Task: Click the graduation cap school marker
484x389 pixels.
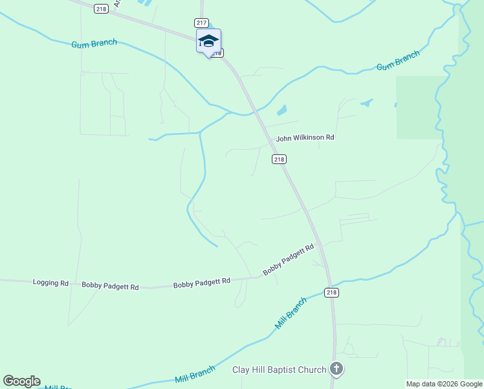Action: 208,41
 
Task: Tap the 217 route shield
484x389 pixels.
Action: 201,23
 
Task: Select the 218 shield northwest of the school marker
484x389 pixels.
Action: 101,8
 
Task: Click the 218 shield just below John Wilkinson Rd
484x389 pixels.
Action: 279,159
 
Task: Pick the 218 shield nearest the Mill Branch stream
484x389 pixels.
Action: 331,293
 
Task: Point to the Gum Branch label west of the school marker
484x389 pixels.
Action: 94,43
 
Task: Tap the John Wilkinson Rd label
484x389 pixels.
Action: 305,138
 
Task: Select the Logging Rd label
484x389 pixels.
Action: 50,283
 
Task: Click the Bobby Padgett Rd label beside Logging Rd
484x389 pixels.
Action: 110,286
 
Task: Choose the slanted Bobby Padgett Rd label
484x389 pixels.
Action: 288,259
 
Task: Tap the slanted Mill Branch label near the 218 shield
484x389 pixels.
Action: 291,313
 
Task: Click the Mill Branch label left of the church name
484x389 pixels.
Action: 195,374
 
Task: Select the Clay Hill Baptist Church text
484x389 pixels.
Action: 280,370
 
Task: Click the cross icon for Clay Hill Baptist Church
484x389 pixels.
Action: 336,370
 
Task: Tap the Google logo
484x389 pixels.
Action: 21,381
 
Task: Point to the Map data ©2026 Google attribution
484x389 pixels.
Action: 444,384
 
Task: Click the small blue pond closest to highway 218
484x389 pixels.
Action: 281,110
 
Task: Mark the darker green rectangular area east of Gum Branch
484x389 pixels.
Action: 421,107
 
